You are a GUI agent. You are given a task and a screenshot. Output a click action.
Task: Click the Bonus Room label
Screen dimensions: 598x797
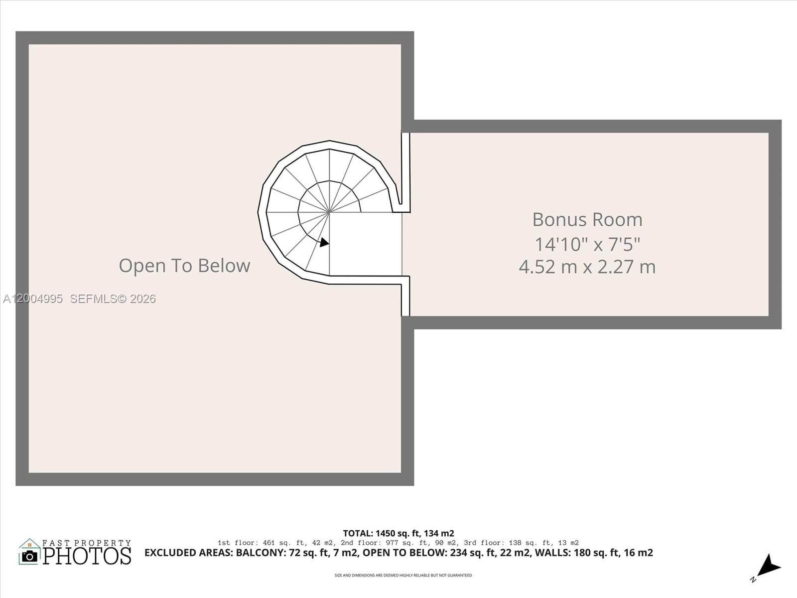click(x=587, y=220)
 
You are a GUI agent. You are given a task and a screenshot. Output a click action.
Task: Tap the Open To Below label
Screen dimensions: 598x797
click(x=184, y=266)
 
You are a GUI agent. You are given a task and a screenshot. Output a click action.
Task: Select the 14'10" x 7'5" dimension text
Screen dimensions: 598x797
click(x=587, y=244)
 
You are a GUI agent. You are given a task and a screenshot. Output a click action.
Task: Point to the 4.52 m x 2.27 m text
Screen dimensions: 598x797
click(x=587, y=267)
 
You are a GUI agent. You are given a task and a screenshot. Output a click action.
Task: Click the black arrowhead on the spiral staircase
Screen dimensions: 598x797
click(x=324, y=243)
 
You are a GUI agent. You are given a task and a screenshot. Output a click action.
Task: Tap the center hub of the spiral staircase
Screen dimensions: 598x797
click(x=329, y=212)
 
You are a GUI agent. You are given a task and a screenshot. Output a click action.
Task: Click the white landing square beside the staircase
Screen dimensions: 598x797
click(x=366, y=244)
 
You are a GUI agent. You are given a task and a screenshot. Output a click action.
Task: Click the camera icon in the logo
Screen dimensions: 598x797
click(x=29, y=556)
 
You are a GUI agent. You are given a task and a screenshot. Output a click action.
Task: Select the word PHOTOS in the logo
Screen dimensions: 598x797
click(x=87, y=556)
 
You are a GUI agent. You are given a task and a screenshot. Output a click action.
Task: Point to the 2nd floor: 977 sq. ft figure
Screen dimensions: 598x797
click(x=384, y=543)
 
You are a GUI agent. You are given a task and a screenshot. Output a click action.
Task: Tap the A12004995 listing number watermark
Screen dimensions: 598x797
click(x=33, y=299)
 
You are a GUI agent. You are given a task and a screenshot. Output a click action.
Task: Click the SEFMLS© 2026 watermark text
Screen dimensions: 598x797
click(x=113, y=299)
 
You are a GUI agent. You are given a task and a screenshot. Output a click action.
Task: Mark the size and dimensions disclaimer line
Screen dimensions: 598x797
click(x=403, y=576)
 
